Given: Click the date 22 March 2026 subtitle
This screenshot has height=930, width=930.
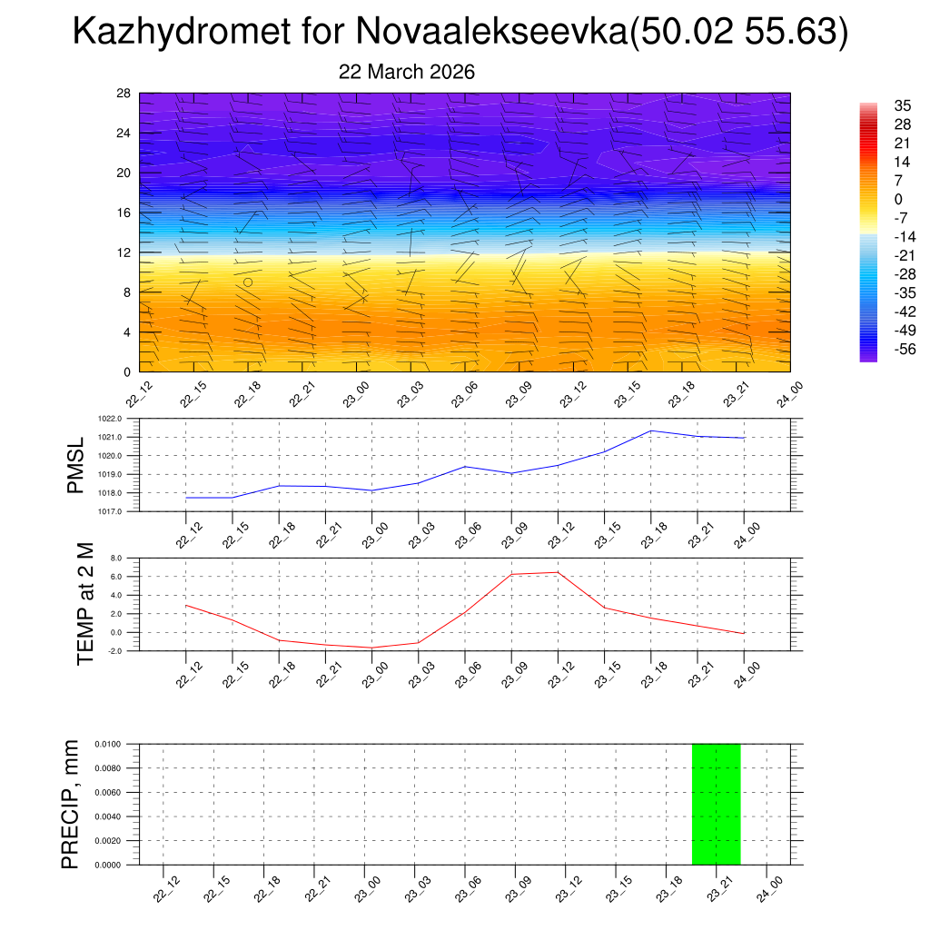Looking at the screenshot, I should (407, 72).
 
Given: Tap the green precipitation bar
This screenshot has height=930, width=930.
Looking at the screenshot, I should (716, 804).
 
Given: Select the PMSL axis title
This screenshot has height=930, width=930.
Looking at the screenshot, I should (75, 466).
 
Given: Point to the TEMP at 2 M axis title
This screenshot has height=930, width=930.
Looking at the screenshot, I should (85, 604).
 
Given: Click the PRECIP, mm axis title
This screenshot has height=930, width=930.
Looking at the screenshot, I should (71, 804).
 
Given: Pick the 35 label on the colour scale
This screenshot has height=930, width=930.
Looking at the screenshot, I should (903, 106).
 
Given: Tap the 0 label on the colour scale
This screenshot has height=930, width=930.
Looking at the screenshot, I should (898, 199).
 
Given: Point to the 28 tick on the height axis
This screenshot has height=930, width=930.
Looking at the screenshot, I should (124, 94).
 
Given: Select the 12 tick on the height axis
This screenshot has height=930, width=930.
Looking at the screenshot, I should (124, 252).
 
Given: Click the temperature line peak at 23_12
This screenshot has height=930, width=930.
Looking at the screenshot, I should (558, 572).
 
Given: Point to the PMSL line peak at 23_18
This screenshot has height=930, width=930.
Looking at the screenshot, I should (651, 430).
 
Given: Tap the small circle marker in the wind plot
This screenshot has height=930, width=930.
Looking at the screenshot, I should (247, 282).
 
